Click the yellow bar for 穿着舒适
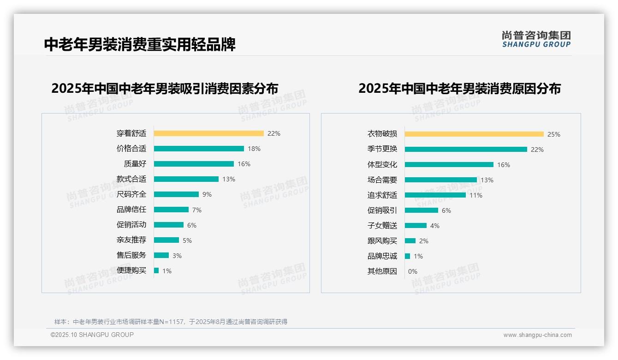[208, 133]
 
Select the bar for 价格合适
[199, 149]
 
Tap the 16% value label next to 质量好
[244, 164]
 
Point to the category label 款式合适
[131, 179]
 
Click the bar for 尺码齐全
[176, 194]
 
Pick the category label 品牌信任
[131, 210]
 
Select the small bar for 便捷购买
[156, 270]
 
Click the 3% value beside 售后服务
[177, 256]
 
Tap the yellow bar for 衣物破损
[474, 134]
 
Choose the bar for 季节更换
[466, 150]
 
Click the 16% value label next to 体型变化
[504, 165]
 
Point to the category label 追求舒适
[382, 195]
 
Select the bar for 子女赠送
[416, 226]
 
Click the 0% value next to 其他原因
[413, 271]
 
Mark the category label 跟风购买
[382, 241]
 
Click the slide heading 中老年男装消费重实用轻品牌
[140, 44]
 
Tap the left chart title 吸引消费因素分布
[165, 88]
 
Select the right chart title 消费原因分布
[459, 88]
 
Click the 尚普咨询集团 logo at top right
[536, 39]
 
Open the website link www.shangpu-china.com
[537, 335]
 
